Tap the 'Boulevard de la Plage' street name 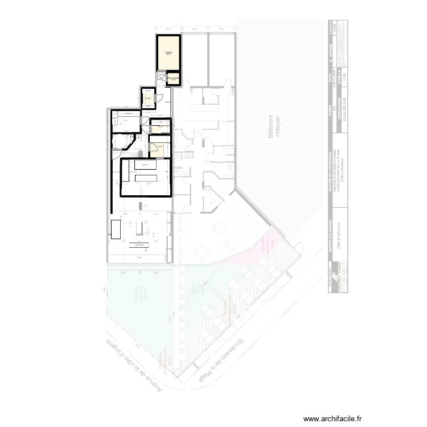pos(224,356)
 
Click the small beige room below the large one pos(173,78)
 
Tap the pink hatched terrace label pos(265,245)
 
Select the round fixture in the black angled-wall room pos(122,141)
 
